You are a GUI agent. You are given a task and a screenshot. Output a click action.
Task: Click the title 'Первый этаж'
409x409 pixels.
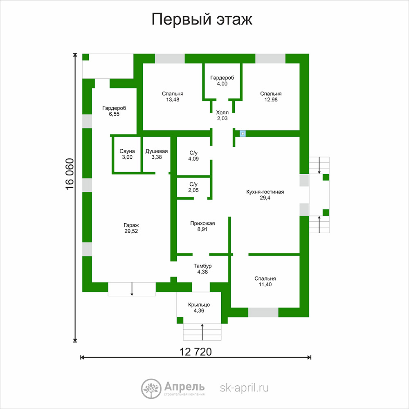click(202, 20)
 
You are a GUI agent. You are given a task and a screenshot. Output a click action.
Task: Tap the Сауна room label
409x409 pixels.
click(127, 154)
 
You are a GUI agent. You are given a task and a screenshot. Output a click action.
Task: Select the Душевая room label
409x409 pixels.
click(157, 154)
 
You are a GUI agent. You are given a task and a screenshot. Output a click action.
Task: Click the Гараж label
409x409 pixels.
click(131, 228)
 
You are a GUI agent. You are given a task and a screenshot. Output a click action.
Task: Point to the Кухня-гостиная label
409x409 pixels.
click(265, 195)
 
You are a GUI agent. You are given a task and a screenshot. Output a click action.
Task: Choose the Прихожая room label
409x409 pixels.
click(202, 226)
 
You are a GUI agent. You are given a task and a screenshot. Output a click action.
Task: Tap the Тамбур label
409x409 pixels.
click(202, 269)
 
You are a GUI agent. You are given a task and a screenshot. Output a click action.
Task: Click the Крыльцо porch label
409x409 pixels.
click(199, 308)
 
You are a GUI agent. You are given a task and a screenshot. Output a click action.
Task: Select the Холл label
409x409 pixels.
click(222, 115)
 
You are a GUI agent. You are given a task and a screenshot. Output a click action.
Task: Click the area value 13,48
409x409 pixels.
click(173, 100)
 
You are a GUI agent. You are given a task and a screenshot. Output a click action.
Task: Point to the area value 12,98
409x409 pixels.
click(271, 100)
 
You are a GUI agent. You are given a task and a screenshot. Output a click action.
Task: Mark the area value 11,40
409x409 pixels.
click(265, 285)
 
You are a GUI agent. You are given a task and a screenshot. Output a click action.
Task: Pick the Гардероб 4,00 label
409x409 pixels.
click(222, 81)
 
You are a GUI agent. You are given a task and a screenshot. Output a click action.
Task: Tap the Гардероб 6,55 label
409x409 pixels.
click(114, 111)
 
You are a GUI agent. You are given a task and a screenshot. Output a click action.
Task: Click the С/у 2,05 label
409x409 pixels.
click(193, 187)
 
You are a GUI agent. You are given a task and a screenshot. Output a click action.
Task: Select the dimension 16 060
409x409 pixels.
click(70, 174)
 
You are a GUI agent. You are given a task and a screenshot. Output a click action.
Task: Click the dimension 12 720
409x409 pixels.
click(196, 352)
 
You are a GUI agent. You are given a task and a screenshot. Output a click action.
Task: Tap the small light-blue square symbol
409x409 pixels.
click(243, 134)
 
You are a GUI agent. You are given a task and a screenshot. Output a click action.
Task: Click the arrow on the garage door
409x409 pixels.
click(132, 289)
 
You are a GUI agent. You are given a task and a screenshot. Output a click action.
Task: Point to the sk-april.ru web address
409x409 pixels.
click(244, 388)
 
